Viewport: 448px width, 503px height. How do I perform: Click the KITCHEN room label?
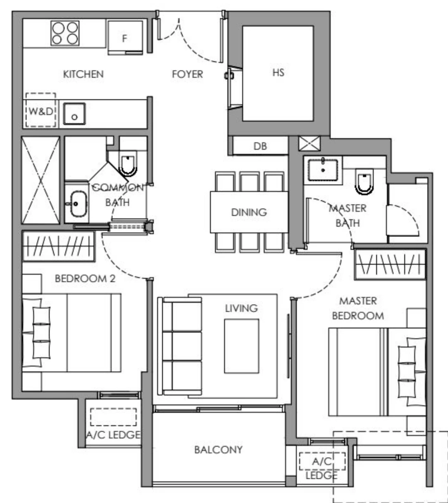pyautogui.click(x=83, y=74)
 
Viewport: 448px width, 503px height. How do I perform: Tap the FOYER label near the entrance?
pyautogui.click(x=187, y=74)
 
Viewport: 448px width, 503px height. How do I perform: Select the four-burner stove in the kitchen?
pyautogui.click(x=65, y=33)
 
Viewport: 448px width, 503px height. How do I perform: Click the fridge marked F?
pyautogui.click(x=125, y=38)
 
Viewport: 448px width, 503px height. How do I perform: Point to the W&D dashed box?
pyautogui.click(x=41, y=111)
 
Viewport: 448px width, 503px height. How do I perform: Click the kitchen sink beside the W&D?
pyautogui.click(x=74, y=114)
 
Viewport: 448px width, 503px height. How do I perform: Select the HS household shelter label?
pyautogui.click(x=278, y=73)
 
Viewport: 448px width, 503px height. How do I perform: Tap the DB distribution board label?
pyautogui.click(x=260, y=146)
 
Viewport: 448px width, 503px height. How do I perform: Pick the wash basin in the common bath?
pyautogui.click(x=77, y=204)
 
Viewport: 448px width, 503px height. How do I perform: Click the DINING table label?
pyautogui.click(x=249, y=212)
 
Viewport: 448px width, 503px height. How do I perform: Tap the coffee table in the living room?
pyautogui.click(x=241, y=346)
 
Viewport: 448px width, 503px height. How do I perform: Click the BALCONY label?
pyautogui.click(x=218, y=450)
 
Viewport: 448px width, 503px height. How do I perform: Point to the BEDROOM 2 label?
pyautogui.click(x=85, y=278)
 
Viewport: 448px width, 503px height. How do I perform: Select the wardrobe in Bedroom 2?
pyautogui.click(x=58, y=247)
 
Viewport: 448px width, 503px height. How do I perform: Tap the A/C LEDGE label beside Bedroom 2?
pyautogui.click(x=113, y=435)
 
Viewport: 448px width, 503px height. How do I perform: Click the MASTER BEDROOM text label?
pyautogui.click(x=358, y=308)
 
